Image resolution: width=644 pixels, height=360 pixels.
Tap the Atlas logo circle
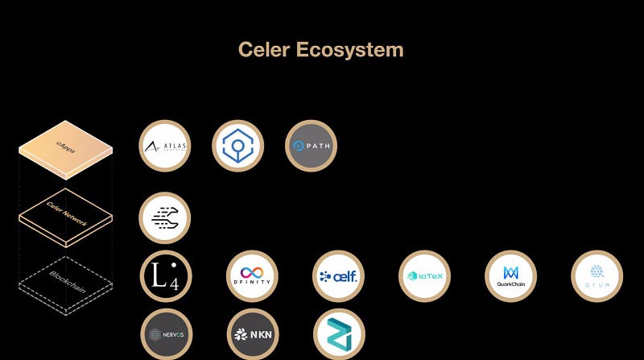(165, 146)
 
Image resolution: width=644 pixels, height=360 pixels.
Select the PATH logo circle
(311, 146)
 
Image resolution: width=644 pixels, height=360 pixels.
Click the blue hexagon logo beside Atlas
(238, 146)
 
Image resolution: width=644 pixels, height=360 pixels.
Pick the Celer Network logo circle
(165, 217)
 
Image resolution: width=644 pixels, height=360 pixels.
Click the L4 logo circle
(166, 275)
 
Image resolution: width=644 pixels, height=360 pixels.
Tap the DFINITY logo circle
(252, 275)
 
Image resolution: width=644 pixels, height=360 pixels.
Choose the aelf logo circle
(338, 275)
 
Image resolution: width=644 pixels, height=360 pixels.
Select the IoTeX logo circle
(424, 275)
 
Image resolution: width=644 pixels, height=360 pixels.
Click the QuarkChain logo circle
(510, 275)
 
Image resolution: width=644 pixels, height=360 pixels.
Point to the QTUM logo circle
(597, 275)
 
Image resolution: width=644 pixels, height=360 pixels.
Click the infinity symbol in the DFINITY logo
(252, 271)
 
